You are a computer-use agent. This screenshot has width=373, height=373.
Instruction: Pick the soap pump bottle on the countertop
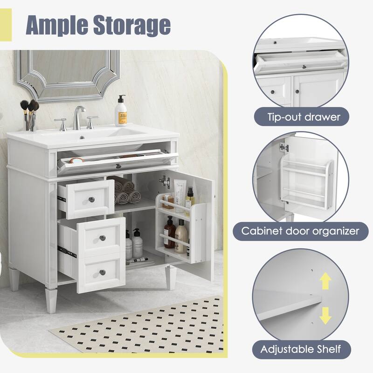point(122,112)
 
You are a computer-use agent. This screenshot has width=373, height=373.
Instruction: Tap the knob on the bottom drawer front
point(102,272)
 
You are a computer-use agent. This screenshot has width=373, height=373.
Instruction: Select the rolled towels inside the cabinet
point(125,192)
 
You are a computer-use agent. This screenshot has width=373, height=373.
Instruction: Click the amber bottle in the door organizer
point(169,230)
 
